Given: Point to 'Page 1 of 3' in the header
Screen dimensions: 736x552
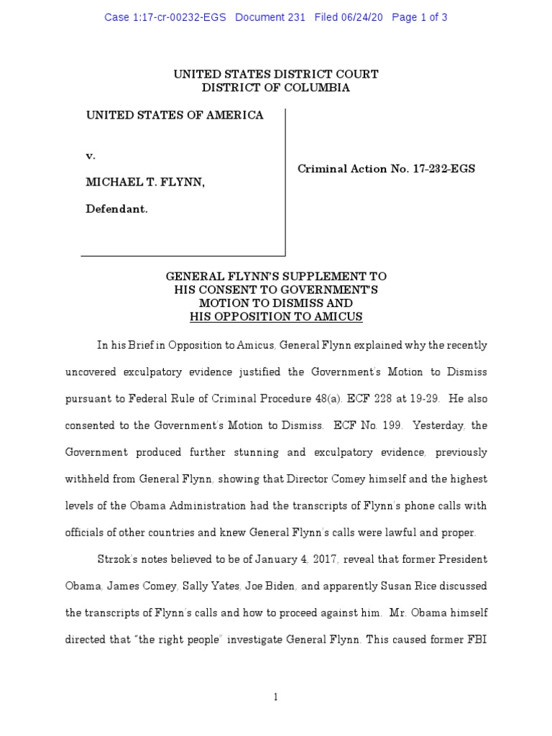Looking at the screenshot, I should [420, 17].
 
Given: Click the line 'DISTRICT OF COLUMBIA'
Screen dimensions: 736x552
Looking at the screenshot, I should [276, 88].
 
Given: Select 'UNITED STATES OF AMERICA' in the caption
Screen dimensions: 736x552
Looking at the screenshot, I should [175, 115].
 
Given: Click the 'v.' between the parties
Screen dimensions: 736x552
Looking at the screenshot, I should [91, 156].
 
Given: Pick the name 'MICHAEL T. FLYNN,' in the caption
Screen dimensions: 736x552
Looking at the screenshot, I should [145, 183].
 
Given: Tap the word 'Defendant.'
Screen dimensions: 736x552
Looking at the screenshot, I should [117, 209].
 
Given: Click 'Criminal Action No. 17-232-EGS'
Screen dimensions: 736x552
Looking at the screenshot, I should [386, 169].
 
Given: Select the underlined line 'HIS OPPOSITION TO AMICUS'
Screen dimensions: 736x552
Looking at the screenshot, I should [276, 316].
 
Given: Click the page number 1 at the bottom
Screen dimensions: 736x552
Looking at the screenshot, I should [276, 696].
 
